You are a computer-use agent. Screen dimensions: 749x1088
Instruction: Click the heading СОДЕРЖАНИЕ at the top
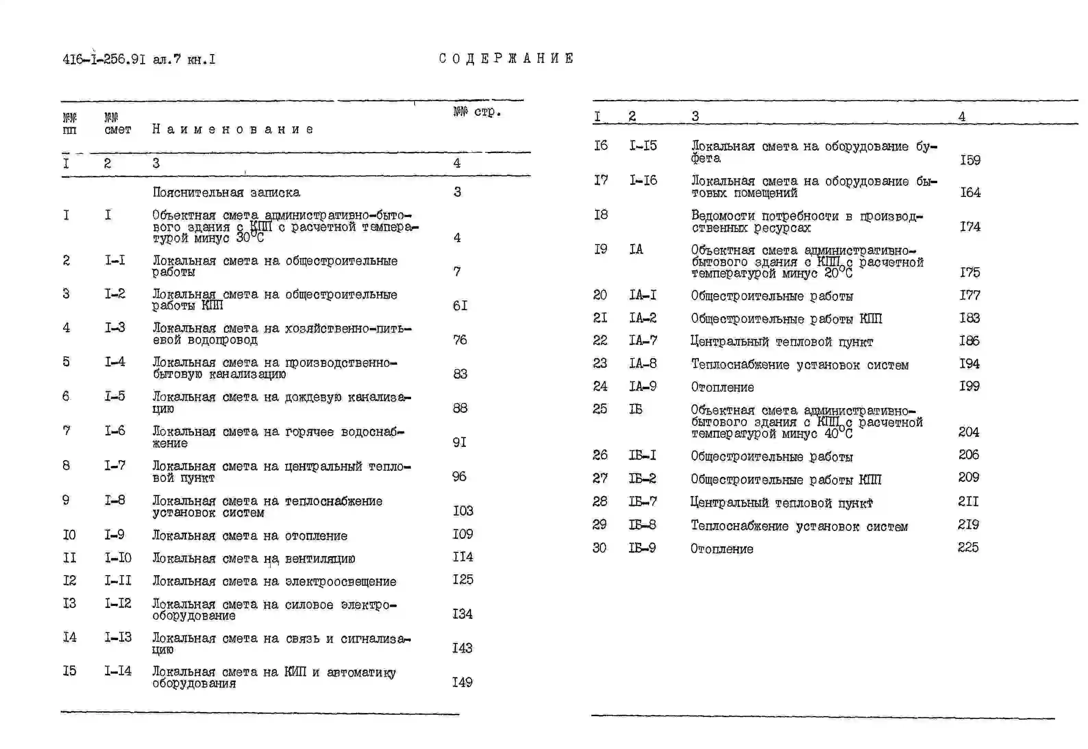(x=506, y=59)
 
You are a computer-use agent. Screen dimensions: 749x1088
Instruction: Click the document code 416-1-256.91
(x=104, y=60)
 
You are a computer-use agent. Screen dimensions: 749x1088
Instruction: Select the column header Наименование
(x=233, y=129)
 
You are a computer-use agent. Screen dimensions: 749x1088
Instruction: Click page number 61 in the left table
(x=460, y=306)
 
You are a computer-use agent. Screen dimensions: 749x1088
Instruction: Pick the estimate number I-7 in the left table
(x=114, y=466)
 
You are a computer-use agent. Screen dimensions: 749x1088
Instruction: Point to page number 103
(x=462, y=511)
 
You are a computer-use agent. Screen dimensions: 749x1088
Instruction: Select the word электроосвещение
(x=341, y=582)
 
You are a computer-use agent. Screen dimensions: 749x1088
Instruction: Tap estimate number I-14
(x=118, y=671)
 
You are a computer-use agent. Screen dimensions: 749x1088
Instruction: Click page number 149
(x=462, y=682)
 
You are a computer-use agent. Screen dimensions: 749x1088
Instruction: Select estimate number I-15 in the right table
(x=643, y=145)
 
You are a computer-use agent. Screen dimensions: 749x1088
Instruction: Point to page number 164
(x=970, y=192)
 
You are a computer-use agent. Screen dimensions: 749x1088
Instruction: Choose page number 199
(x=969, y=386)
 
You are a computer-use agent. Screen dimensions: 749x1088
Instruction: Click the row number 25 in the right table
(x=599, y=409)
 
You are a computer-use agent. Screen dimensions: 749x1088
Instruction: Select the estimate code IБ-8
(x=642, y=525)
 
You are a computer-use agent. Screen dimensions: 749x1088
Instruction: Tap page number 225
(x=968, y=547)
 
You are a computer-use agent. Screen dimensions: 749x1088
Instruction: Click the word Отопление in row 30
(x=721, y=549)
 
